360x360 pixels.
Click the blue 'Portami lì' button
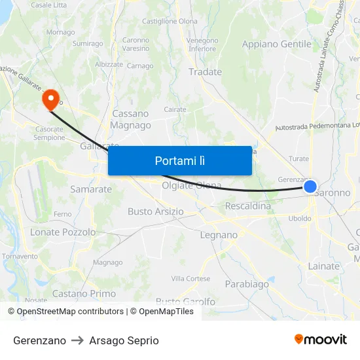coord(180,160)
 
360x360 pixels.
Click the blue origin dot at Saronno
coord(310,187)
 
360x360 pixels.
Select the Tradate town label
coord(205,72)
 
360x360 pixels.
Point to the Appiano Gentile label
coord(276,44)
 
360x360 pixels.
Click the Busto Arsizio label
coord(155,211)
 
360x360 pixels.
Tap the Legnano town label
coord(219,235)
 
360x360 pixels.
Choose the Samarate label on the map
coord(91,189)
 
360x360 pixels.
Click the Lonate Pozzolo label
coord(63,232)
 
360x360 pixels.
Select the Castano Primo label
coord(84,294)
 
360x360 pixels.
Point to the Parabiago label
coord(247,284)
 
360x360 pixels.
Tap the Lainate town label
coord(323,266)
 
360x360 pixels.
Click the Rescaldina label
coord(247,206)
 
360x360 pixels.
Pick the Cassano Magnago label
coord(130,119)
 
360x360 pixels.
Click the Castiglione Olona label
coord(170,22)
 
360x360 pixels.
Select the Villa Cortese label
coord(189,278)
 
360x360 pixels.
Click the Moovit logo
coord(321,340)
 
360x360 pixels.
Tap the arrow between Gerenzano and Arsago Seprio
coord(78,340)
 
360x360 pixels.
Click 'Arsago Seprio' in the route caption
coord(124,340)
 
